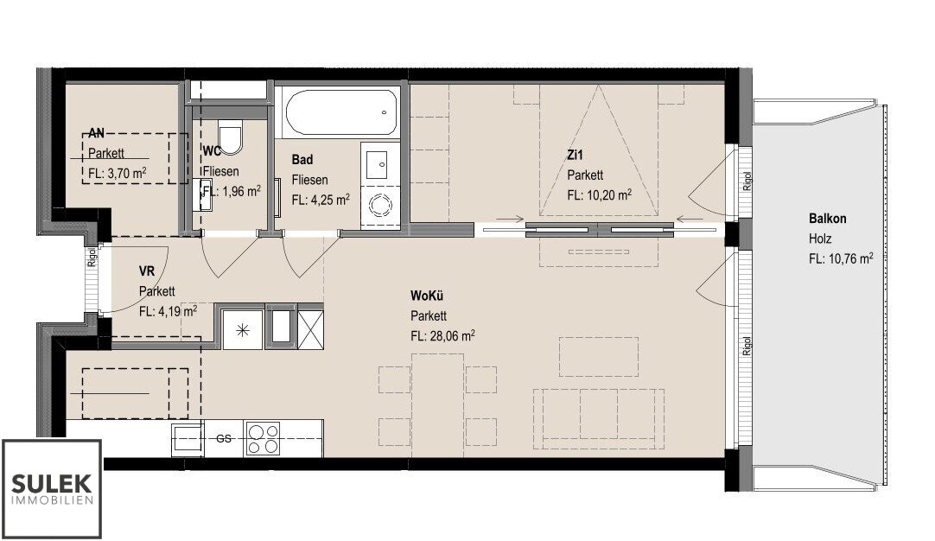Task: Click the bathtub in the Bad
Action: pos(342,113)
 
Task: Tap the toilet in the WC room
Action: pos(230,136)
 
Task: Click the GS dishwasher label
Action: pos(224,438)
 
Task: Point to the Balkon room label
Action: pos(827,219)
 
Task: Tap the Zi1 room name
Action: pos(575,155)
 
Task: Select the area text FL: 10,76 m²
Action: pos(841,259)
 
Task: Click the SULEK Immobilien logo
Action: pos(52,488)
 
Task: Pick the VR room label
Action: pos(147,271)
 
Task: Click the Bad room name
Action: pos(302,159)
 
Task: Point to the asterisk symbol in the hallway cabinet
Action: pos(243,328)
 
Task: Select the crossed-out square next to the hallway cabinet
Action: pos(310,328)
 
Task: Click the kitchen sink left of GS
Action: pos(188,439)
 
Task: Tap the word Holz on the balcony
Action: pos(820,239)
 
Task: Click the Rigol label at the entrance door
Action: pos(92,256)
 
